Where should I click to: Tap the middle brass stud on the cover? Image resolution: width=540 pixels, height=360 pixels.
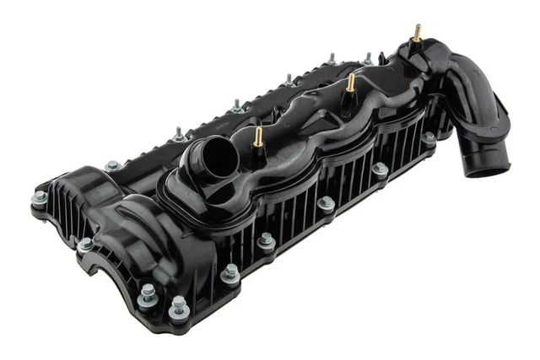(x=349, y=82)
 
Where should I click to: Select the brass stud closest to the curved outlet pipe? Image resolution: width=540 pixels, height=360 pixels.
(x=417, y=32)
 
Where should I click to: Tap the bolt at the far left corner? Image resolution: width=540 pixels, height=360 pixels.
(x=40, y=198)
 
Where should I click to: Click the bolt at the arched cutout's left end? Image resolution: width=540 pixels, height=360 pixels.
(x=85, y=244)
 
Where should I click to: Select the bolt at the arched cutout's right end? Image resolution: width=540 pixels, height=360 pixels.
(x=148, y=293)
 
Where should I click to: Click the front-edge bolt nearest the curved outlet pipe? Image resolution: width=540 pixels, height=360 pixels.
(x=429, y=137)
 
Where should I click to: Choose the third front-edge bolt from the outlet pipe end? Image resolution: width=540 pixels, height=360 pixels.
(x=326, y=202)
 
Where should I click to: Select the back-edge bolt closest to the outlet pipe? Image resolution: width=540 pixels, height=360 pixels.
(x=368, y=58)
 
